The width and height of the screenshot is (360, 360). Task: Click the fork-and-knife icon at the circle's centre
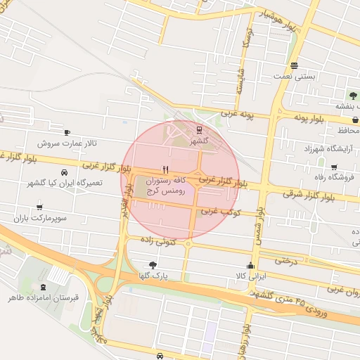166,169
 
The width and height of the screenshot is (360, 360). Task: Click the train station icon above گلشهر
200,129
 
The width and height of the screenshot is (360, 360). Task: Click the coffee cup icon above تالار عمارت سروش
67,132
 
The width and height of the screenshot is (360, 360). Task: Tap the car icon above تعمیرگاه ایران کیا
64,172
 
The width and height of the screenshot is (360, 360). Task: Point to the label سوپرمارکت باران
39,219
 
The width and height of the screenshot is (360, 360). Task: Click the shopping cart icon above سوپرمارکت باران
39,207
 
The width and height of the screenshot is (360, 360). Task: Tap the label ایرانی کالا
250,276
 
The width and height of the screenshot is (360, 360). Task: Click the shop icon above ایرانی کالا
250,265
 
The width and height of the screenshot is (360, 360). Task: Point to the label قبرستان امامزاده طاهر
44,298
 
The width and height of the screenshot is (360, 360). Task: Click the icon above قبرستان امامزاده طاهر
44,286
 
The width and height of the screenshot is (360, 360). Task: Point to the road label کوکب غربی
221,210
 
